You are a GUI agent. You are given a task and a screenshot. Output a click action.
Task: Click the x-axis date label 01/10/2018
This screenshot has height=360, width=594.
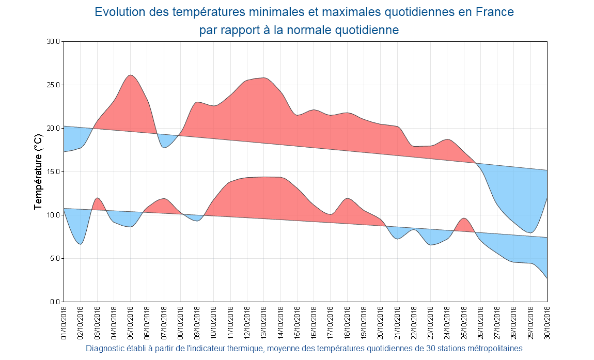coord(64,322)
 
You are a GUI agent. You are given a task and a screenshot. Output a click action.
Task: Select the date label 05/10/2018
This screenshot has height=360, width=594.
coord(131,322)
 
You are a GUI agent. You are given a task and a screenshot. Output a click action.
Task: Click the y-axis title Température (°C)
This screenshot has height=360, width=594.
coord(38,171)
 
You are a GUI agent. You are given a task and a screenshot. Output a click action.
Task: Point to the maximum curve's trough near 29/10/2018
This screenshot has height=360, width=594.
coord(530,232)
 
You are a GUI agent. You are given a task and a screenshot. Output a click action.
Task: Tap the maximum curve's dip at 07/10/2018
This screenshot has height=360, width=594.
coord(164,148)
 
